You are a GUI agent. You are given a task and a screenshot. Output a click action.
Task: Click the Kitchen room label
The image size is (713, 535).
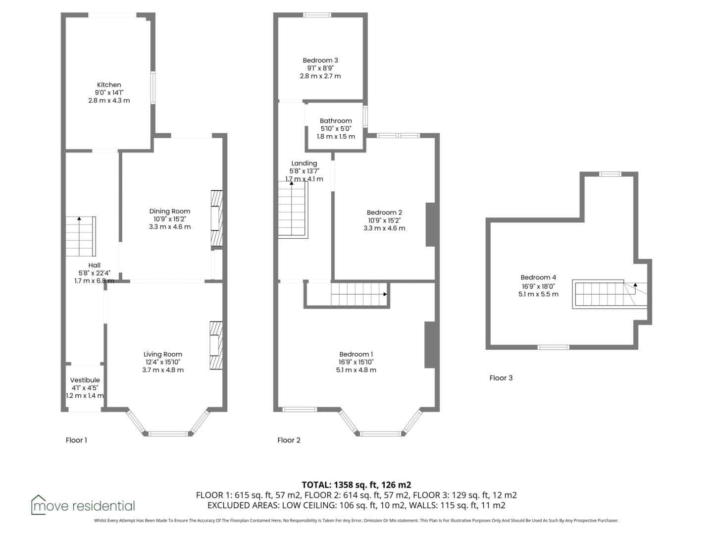click(109, 85)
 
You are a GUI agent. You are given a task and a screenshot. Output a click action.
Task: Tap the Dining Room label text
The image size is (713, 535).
click(169, 212)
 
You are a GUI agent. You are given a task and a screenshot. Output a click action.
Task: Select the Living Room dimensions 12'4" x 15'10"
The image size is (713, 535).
click(163, 362)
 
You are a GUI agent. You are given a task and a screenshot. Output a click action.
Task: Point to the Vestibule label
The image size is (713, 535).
click(85, 380)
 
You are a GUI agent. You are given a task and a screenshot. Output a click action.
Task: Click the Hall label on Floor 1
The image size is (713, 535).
click(94, 266)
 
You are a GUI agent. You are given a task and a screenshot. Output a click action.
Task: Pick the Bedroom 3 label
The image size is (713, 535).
click(320, 60)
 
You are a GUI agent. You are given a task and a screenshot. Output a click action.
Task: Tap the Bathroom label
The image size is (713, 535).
click(336, 121)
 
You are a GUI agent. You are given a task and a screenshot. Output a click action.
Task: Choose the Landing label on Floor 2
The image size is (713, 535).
click(304, 163)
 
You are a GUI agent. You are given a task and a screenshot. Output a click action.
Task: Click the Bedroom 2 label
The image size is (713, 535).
click(384, 213)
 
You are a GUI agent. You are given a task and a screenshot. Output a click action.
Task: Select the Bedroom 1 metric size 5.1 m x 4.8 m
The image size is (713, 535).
click(356, 370)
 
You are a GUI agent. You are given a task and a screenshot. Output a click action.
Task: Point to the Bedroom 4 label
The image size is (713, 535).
click(538, 277)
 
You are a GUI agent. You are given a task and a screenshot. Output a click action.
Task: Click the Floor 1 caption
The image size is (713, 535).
click(76, 440)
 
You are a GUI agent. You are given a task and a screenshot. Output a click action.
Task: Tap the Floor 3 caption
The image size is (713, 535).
click(501, 378)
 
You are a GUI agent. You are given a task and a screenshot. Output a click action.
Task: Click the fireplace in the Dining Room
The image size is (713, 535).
click(217, 218)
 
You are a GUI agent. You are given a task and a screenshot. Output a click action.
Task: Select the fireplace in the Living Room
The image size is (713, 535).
click(216, 345)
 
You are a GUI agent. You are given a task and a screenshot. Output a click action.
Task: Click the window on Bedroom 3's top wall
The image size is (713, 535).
click(317, 15)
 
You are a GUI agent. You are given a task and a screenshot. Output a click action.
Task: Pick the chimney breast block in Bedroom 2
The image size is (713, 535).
click(430, 224)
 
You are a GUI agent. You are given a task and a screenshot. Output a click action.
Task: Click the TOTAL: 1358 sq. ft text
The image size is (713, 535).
click(340, 485)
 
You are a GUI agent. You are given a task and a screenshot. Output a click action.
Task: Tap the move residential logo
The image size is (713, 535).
click(83, 505)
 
